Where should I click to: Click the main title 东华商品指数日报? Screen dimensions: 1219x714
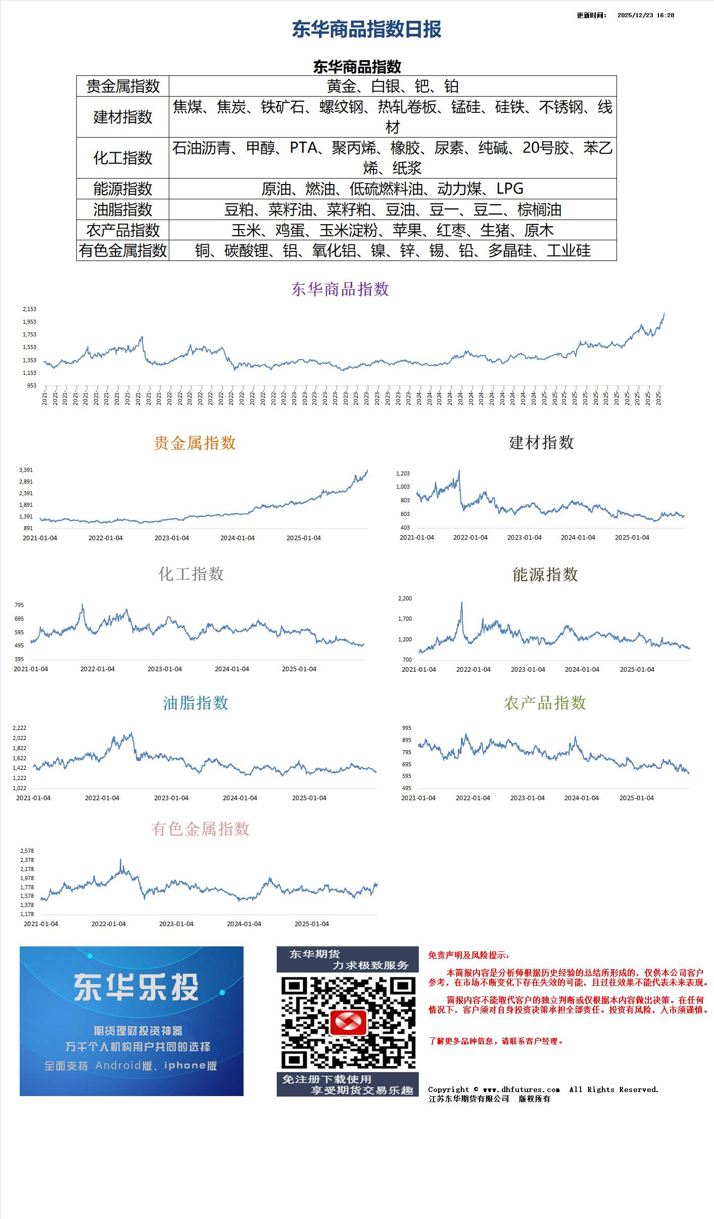point(366,29)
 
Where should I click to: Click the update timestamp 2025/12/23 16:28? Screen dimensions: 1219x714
point(645,15)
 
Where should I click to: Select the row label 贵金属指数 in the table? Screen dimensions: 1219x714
point(123,86)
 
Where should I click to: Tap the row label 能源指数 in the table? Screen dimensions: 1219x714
point(123,189)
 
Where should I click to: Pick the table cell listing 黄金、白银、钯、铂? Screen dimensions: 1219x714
point(392,86)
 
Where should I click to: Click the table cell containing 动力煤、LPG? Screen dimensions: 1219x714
point(392,189)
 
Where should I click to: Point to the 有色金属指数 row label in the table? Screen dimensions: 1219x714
point(123,250)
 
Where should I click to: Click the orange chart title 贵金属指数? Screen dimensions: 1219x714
point(195,443)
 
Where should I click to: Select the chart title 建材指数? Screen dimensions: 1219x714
point(541,443)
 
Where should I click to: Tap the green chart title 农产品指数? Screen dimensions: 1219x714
point(545,703)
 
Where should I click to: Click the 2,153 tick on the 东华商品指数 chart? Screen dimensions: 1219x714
point(29,309)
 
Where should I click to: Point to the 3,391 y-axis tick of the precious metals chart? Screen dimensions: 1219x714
point(26,470)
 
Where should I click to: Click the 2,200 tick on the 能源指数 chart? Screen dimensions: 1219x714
point(405,598)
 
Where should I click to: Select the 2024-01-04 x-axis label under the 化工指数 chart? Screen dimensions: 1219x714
point(232,669)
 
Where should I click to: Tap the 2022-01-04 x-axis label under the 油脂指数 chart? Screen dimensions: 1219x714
point(102,798)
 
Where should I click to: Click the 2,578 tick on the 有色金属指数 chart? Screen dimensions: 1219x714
point(27,851)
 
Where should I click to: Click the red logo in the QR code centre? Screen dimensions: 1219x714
point(348,1022)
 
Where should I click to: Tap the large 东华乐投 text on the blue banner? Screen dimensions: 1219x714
point(136,987)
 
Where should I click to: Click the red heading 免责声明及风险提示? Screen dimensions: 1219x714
point(468,955)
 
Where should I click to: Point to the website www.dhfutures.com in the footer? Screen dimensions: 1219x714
point(521,1090)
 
